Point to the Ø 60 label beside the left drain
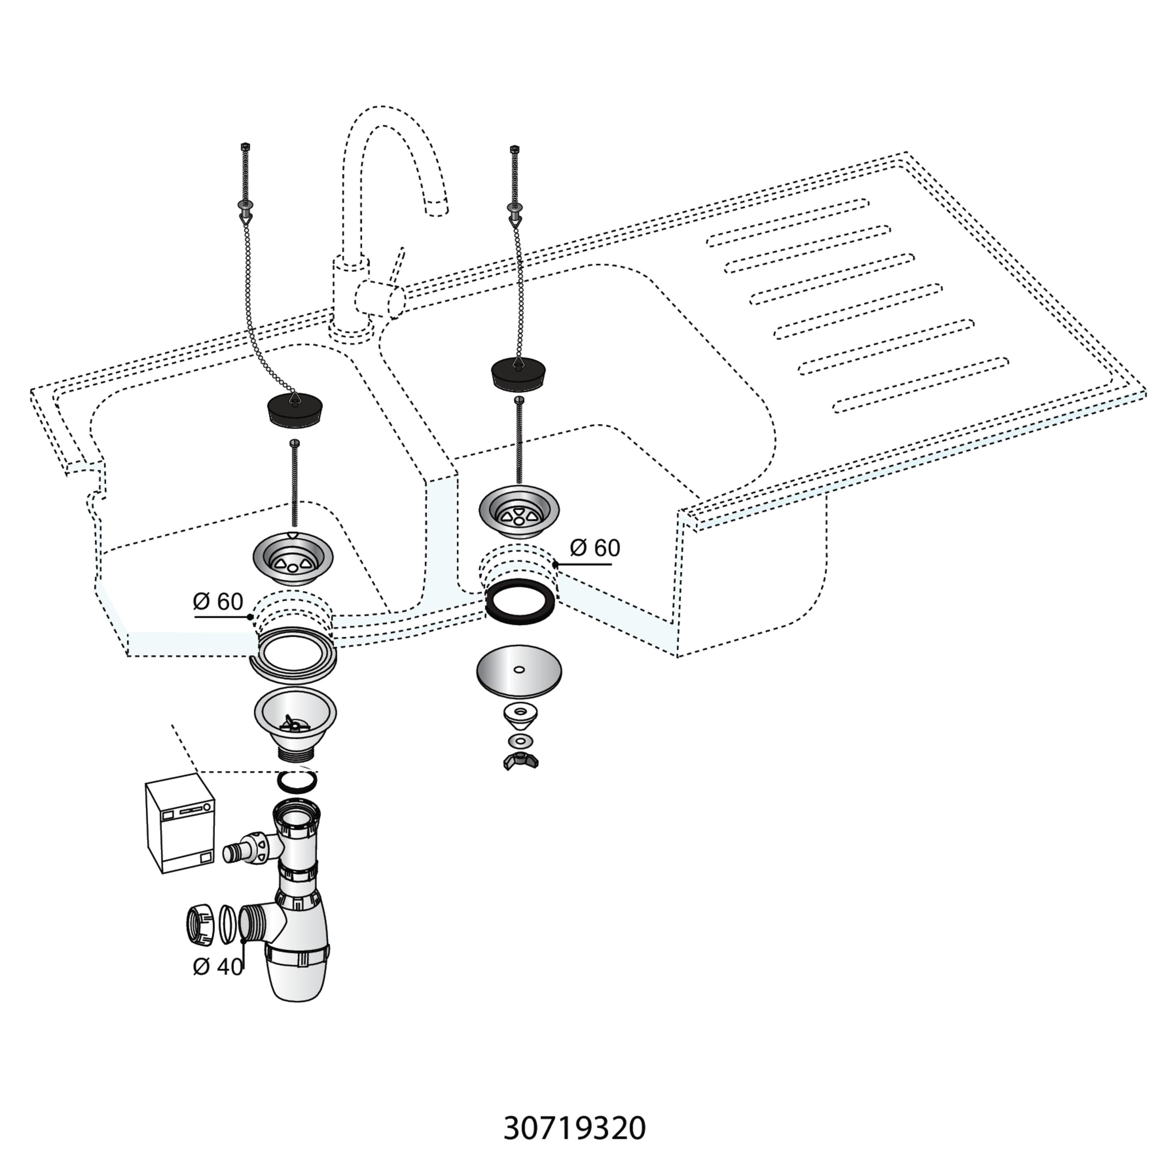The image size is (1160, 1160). click(x=218, y=602)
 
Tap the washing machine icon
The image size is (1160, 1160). click(x=180, y=824)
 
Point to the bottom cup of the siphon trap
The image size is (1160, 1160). click(x=298, y=974)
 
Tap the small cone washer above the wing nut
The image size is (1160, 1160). click(x=520, y=714)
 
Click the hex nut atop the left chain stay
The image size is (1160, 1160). click(x=244, y=147)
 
